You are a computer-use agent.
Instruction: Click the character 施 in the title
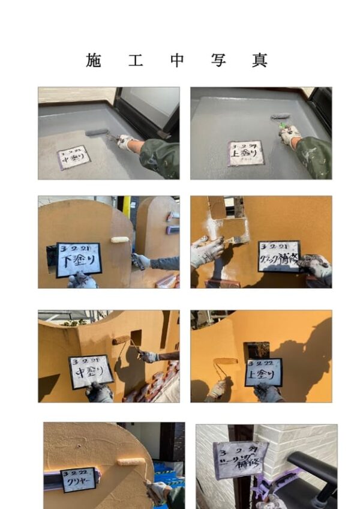point(93,60)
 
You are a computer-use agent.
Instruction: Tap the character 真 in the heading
point(259,60)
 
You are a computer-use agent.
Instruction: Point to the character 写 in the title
point(218,60)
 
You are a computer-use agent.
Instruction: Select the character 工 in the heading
point(135,60)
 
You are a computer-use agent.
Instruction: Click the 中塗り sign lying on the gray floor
point(74,157)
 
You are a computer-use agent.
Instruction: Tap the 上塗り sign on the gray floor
point(245,153)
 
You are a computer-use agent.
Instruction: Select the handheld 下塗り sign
point(79,260)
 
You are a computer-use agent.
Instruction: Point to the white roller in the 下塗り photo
point(120,239)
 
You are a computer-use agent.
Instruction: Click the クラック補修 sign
point(279,256)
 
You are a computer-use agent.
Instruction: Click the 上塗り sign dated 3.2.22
point(263,374)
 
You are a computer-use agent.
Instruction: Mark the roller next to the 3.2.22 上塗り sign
point(225,361)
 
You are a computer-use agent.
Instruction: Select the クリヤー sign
point(78,480)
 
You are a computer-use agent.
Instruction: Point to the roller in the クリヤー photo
point(131,462)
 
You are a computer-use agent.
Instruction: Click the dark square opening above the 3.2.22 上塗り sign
point(256,349)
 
